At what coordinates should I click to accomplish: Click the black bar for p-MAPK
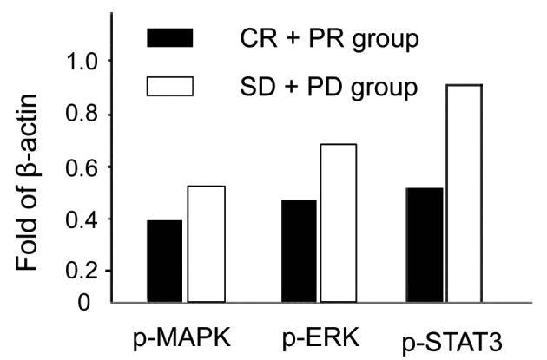[164, 261]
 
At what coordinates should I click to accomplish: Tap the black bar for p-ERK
[299, 251]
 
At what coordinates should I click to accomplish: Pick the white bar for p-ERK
[337, 223]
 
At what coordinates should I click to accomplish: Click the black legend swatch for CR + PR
[170, 38]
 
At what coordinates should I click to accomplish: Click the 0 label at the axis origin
[84, 303]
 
